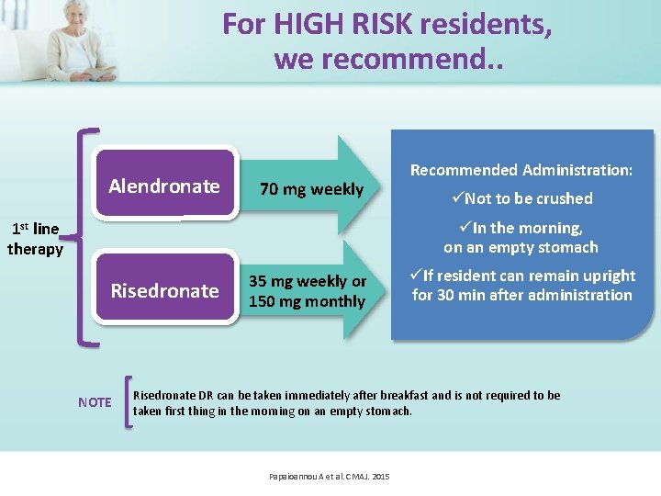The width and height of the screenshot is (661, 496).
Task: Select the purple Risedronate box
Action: tap(164, 291)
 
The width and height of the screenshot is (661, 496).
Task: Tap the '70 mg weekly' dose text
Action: tap(311, 189)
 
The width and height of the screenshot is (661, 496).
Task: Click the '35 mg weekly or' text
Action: tap(308, 281)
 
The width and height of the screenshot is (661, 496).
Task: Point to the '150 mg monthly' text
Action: tap(308, 300)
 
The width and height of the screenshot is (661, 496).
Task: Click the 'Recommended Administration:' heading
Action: tap(521, 170)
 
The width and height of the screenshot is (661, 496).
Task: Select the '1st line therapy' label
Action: tap(35, 239)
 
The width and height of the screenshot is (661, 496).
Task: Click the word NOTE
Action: tap(95, 402)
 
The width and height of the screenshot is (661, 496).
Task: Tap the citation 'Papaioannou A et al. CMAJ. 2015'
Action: tap(330, 477)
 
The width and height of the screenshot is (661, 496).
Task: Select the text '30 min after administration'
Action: tap(532, 295)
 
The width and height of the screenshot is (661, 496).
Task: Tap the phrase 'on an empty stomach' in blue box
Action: tap(521, 247)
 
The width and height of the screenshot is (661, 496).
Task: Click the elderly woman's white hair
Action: tap(78, 6)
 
